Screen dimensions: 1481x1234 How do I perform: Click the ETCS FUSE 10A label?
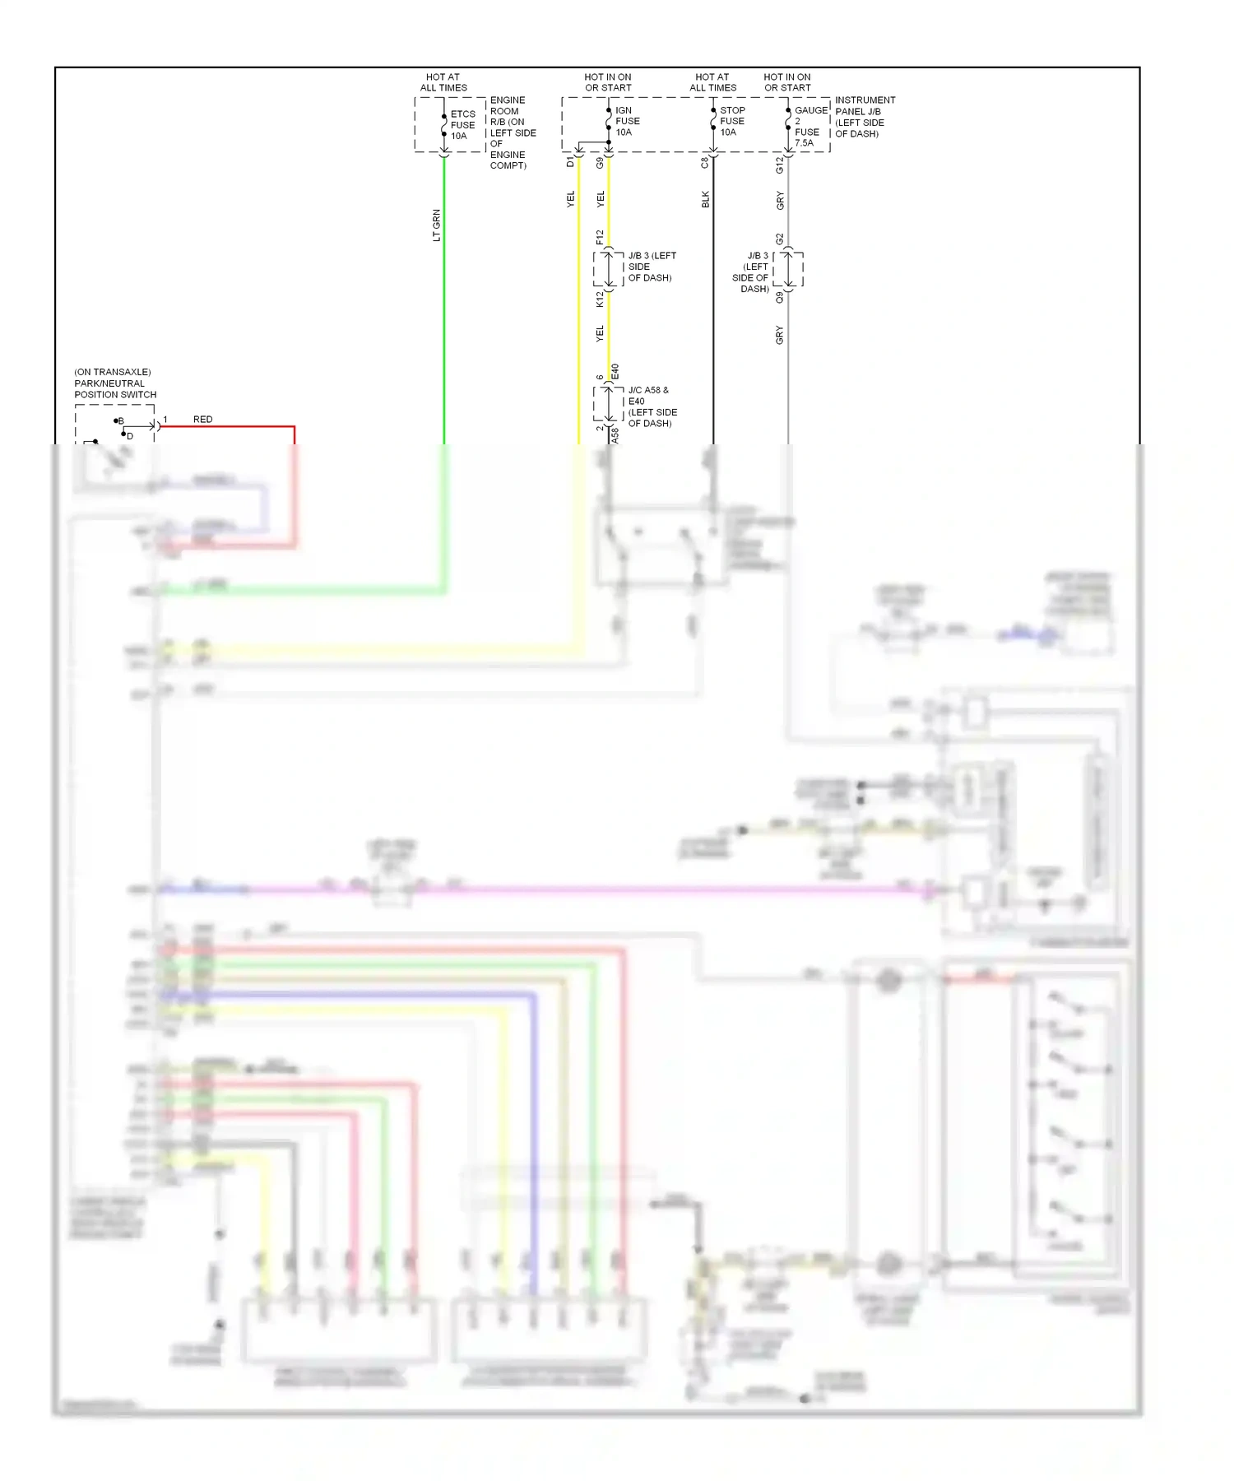[x=462, y=125]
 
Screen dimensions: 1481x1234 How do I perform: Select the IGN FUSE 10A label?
[x=627, y=121]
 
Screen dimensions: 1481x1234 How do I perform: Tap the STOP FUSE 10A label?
[x=731, y=121]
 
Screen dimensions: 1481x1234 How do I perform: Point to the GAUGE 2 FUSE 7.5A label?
[x=810, y=126]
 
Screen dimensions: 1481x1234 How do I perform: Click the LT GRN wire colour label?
[x=437, y=225]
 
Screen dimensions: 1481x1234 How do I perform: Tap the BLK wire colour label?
[x=705, y=199]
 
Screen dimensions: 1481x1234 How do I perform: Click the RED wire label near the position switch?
[x=202, y=420]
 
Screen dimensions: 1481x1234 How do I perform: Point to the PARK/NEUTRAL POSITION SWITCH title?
[x=114, y=383]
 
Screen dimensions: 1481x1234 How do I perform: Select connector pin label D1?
[x=570, y=163]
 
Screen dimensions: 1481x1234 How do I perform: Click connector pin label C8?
[x=704, y=163]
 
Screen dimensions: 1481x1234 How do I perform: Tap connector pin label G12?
[x=779, y=165]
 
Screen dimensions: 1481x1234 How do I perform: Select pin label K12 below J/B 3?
[x=600, y=299]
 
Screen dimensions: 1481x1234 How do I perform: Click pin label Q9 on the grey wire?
[x=779, y=297]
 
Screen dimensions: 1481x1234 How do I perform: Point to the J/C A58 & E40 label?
[x=652, y=406]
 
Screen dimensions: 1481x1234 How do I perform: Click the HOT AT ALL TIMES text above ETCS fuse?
[x=443, y=82]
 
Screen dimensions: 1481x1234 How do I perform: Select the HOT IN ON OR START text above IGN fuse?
[x=608, y=82]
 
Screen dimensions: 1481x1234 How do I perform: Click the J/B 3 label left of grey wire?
[x=753, y=272]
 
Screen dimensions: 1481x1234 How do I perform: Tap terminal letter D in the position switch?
[x=130, y=436]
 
